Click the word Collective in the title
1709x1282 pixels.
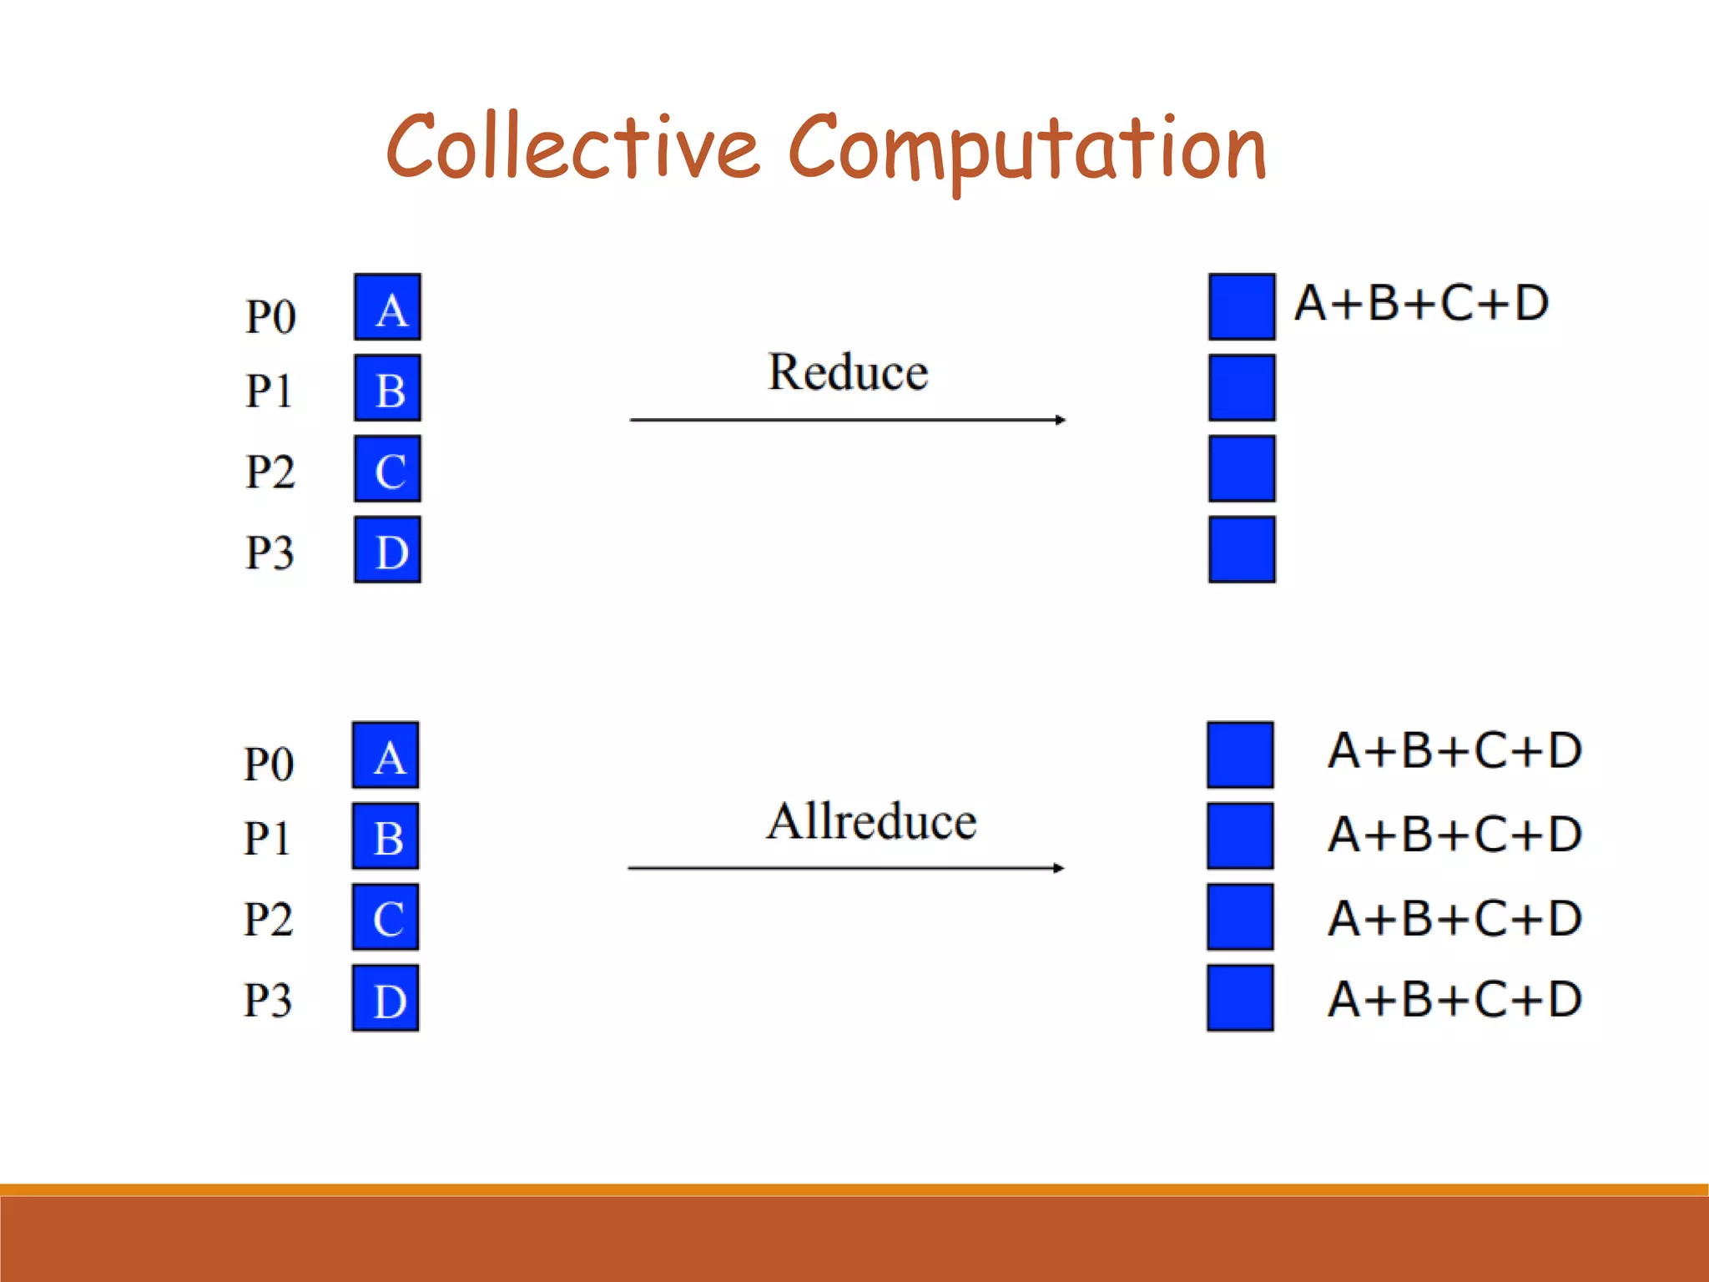pos(572,147)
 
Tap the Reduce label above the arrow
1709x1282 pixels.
pos(847,372)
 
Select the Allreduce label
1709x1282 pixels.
pos(871,821)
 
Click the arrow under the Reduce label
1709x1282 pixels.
pos(847,420)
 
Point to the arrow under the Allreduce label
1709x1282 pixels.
pos(845,868)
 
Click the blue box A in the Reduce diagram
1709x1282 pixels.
pos(387,307)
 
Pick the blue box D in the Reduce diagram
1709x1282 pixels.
pos(387,550)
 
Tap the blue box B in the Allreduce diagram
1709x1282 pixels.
pos(386,836)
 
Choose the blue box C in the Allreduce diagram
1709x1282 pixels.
pos(386,917)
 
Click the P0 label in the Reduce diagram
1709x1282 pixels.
pos(270,317)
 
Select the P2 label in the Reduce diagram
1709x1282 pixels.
pos(270,472)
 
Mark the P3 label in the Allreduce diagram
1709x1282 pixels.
pos(268,1000)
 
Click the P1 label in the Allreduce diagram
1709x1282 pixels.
pos(267,838)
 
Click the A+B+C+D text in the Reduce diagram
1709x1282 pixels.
pos(1421,303)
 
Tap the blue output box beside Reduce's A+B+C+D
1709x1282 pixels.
pos(1242,307)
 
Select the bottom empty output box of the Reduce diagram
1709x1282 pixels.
pos(1242,550)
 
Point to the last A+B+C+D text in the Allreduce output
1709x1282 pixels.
pos(1454,999)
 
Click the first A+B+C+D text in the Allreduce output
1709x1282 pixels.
pos(1454,750)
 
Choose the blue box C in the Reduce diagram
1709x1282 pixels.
pos(387,469)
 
